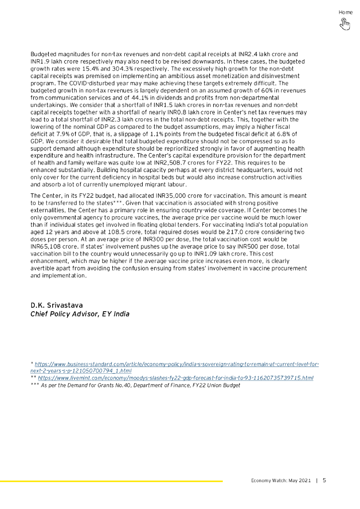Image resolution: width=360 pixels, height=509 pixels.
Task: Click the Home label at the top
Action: coord(346,12)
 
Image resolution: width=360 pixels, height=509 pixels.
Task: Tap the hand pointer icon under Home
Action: coord(345,24)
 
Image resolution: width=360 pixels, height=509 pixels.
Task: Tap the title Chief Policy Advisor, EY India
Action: coord(80,314)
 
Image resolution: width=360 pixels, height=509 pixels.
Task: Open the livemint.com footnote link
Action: coord(174,378)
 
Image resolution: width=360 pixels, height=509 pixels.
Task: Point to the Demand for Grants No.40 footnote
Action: coord(137,385)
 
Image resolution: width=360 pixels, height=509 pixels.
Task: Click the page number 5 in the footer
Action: coord(324,481)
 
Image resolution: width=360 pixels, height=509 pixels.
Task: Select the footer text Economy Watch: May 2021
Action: coord(280,481)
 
